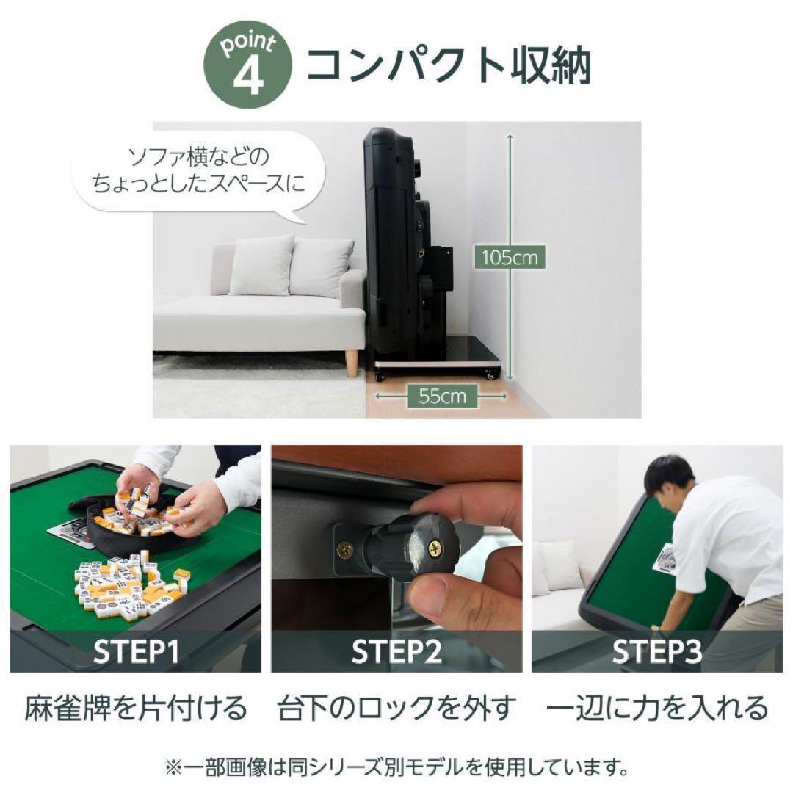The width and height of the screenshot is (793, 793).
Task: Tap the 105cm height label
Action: click(510, 258)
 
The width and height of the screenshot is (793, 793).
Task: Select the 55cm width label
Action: click(442, 396)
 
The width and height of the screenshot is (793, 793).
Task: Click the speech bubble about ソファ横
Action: click(198, 170)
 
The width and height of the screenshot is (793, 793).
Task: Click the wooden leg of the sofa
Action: click(352, 362)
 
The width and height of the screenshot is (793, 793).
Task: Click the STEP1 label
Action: click(136, 651)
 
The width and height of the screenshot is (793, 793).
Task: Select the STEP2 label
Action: click(396, 651)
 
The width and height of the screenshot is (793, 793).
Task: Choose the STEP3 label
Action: click(657, 651)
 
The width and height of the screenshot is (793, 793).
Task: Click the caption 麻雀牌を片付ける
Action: click(136, 709)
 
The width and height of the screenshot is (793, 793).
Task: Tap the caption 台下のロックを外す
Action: click(396, 709)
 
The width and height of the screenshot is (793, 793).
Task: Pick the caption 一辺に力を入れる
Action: click(657, 709)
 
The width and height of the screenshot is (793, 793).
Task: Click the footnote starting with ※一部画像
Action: click(396, 769)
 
